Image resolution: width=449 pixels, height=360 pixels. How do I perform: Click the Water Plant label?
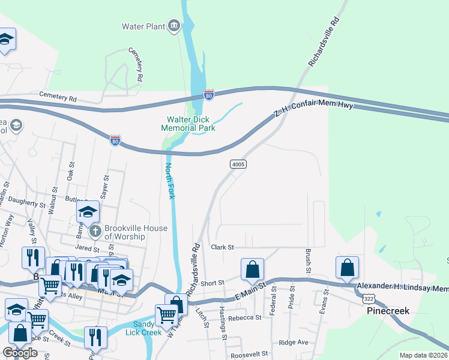click(x=143, y=26)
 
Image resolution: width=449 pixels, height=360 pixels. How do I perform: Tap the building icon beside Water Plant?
click(x=174, y=25)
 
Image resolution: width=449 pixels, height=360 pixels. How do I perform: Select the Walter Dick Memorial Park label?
click(x=188, y=123)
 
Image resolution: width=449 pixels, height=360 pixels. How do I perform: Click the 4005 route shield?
click(x=238, y=164)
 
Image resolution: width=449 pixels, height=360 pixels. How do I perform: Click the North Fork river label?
click(x=170, y=180)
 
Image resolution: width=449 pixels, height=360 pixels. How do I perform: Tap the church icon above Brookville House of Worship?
click(x=94, y=232)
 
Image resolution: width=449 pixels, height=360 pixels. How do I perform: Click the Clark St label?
click(x=221, y=247)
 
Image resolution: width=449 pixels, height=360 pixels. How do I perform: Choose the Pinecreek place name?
click(x=388, y=312)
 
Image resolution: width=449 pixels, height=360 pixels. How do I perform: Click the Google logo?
click(x=20, y=353)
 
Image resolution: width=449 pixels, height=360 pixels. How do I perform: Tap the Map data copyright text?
click(x=423, y=355)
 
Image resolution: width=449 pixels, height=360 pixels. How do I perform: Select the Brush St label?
click(x=308, y=262)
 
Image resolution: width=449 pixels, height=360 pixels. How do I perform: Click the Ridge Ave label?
click(x=293, y=342)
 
